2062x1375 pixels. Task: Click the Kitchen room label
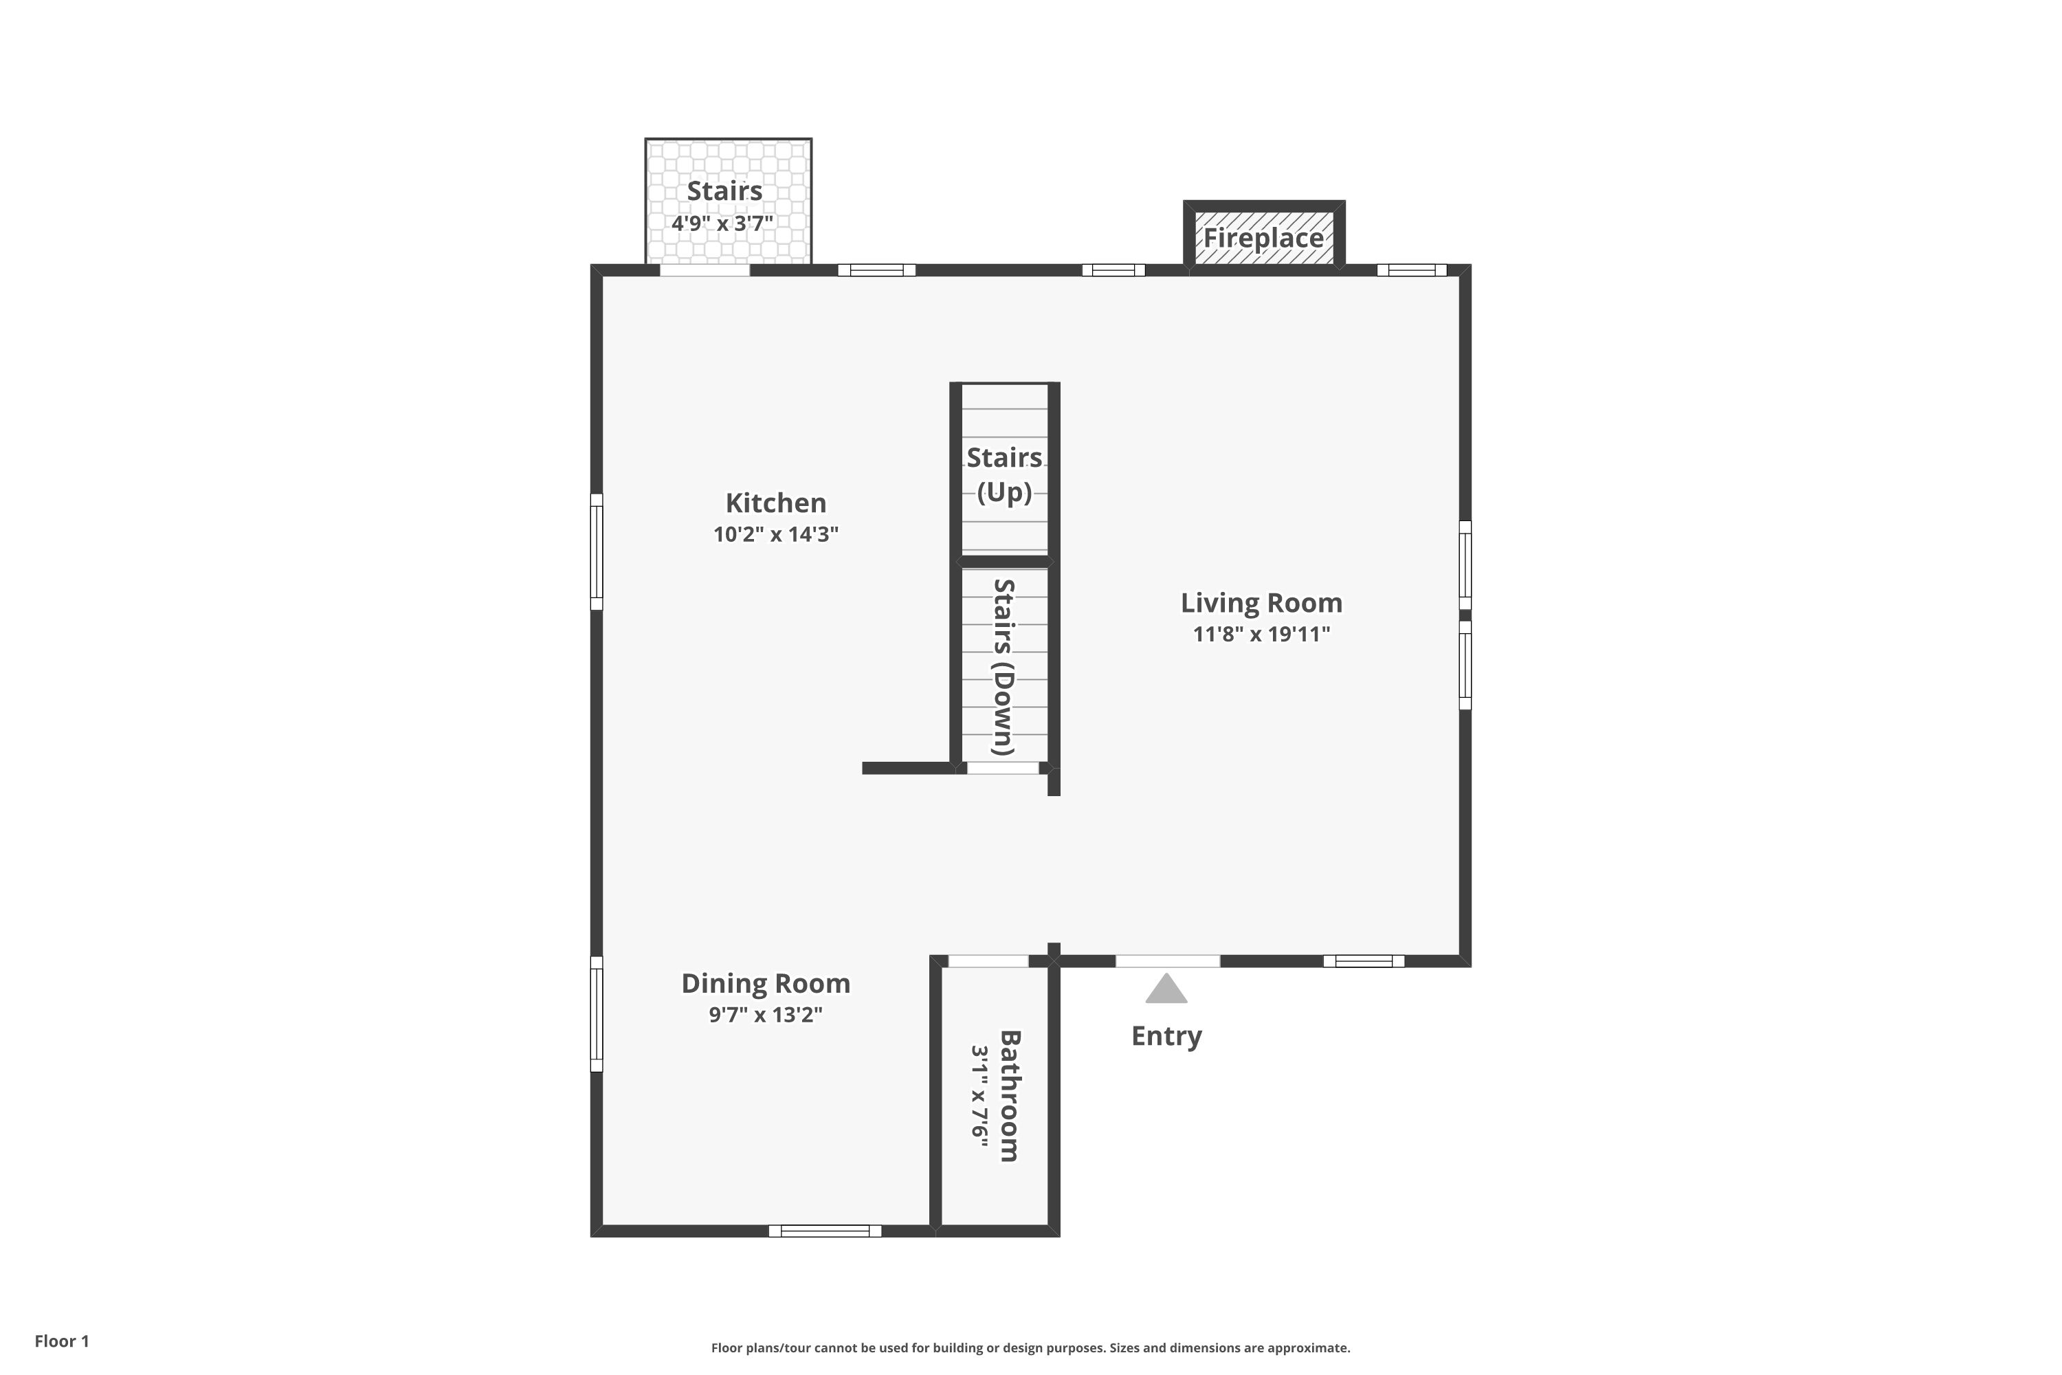(776, 503)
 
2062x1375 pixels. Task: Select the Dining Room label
(766, 983)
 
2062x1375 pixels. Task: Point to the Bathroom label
(1010, 1096)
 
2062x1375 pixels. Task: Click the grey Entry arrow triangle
(1166, 989)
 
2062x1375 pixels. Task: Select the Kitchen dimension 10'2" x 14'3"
(776, 534)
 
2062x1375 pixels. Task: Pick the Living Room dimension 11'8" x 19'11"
(1261, 634)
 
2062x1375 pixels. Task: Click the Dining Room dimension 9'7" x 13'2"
(766, 1015)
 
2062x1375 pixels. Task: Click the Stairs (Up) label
(1005, 474)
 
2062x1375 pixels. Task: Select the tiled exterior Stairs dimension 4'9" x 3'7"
(722, 223)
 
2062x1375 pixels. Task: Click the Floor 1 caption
(63, 1341)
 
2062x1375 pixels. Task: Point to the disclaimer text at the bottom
(1031, 1347)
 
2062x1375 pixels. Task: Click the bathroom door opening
(989, 961)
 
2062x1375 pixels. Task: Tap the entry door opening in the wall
(1168, 961)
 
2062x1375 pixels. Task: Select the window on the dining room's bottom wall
(825, 1231)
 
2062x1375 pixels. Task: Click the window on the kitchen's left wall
(596, 551)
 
